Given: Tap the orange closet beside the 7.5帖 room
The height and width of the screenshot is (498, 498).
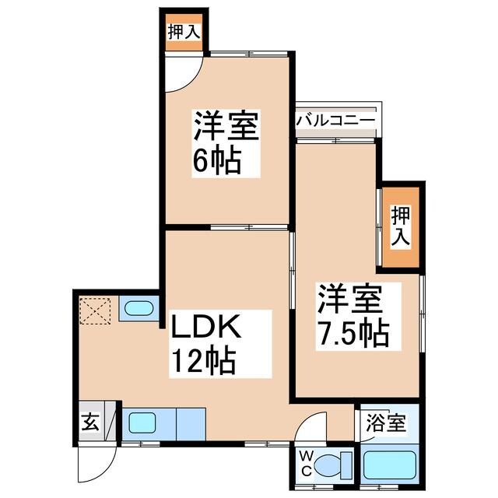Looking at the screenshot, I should click(402, 226).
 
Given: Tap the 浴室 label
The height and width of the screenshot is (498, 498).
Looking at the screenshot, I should click(386, 424).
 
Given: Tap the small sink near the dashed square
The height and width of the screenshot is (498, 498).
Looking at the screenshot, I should click(139, 309).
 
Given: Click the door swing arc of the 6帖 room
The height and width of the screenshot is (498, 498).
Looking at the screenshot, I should click(181, 75).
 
